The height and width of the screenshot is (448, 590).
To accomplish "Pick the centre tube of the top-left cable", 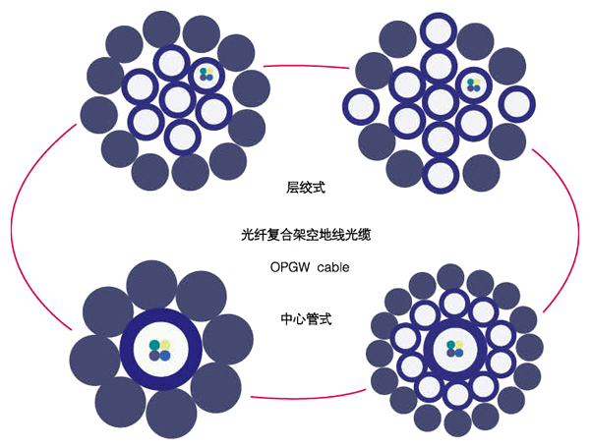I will tap(178, 98).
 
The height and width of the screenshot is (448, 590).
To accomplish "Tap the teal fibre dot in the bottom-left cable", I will tap(153, 344).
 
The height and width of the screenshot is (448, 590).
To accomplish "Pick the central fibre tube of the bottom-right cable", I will tap(454, 349).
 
